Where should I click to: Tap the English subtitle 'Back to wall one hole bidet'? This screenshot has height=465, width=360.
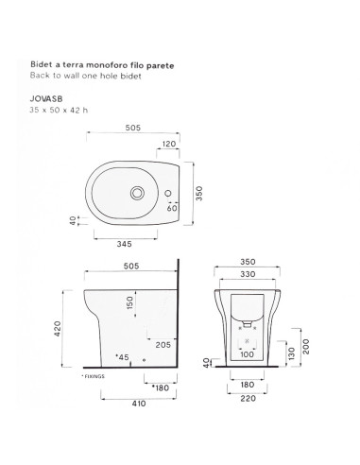click(90, 75)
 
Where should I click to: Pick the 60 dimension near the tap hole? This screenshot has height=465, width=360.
click(173, 207)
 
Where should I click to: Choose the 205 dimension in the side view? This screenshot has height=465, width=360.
click(163, 346)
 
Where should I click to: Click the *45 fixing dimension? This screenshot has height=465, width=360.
click(122, 356)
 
